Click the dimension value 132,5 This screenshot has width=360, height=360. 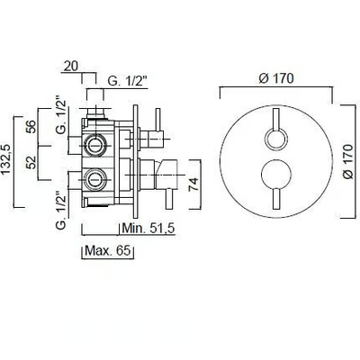[6, 158]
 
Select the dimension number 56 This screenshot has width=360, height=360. [31, 126]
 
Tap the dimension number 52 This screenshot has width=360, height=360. [31, 162]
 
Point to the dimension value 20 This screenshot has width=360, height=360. [71, 66]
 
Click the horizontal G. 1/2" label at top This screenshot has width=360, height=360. [128, 81]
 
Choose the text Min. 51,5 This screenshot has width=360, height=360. [148, 229]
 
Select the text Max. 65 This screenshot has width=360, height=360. [108, 250]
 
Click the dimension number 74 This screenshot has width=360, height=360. [193, 184]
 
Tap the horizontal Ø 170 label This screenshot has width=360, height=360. [275, 78]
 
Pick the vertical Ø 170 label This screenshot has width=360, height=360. [348, 161]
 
